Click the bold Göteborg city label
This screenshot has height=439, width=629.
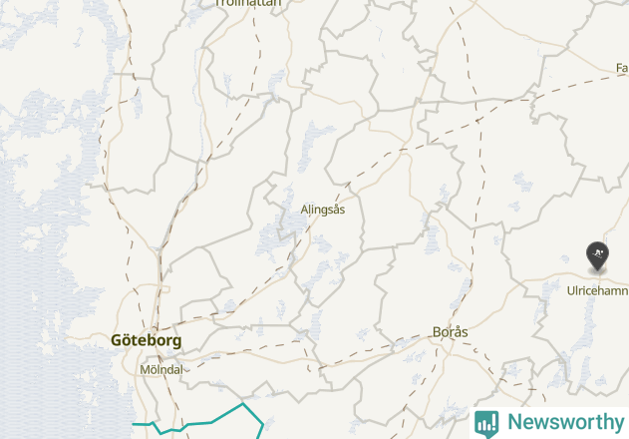147,340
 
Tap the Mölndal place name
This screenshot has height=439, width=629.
159,369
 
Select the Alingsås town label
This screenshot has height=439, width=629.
323,210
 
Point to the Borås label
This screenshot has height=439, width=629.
451,332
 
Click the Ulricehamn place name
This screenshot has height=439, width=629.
597,290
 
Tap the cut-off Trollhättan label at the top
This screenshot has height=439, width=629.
248,3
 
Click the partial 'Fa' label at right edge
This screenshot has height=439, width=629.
622,68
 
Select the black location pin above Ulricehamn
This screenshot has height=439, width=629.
597,256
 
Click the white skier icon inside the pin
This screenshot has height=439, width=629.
597,253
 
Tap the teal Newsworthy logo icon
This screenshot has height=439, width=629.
486,422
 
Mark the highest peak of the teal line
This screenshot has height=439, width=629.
243,404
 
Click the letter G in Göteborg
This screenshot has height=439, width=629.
118,340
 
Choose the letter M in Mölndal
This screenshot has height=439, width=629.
142,369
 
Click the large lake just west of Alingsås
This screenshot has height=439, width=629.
271,239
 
